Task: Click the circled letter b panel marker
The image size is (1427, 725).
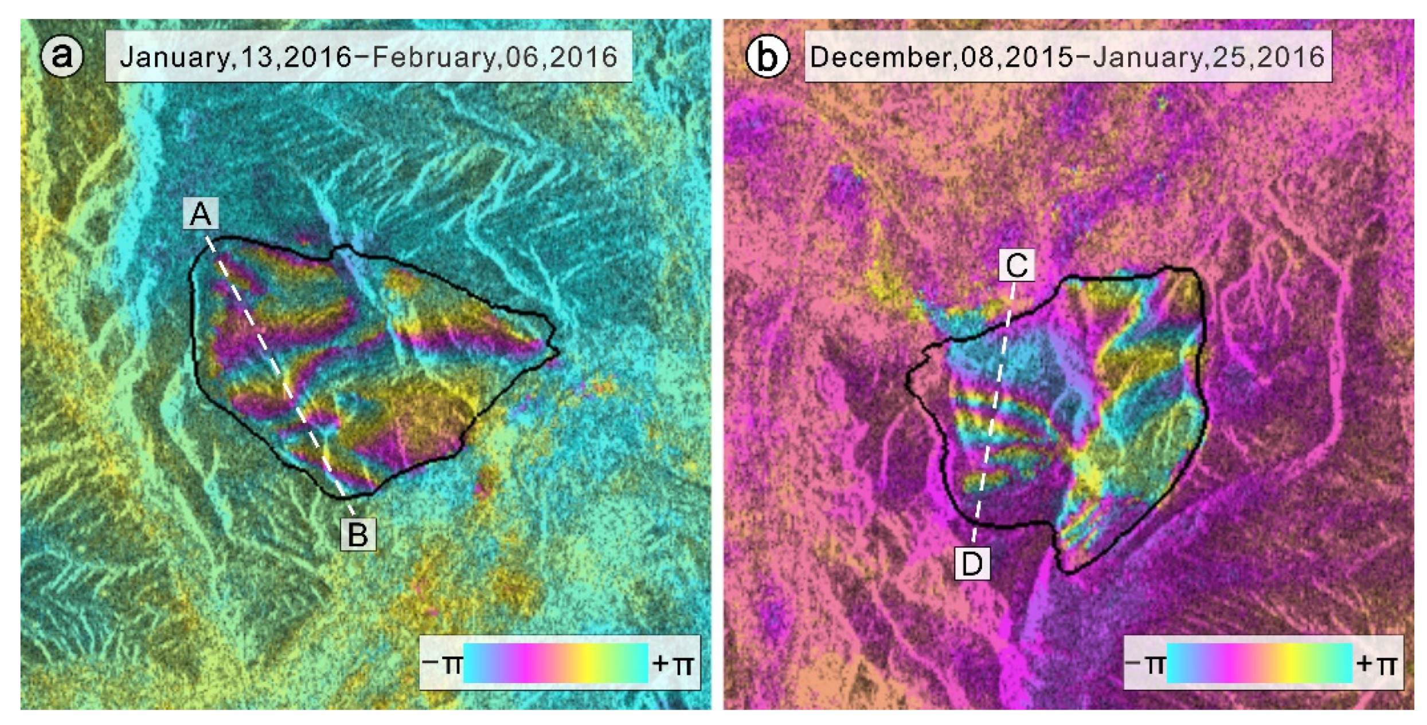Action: (767, 56)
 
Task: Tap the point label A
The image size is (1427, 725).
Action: (201, 214)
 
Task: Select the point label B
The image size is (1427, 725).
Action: (358, 534)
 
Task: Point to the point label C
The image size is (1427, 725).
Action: (1017, 265)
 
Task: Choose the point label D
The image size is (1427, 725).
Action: (972, 563)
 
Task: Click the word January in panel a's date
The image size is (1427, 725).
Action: (174, 57)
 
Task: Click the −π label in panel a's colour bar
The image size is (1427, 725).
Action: (442, 664)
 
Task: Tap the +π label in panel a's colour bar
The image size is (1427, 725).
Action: (673, 664)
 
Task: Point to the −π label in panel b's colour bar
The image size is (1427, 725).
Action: (1145, 664)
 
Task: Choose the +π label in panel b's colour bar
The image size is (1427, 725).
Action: (1376, 664)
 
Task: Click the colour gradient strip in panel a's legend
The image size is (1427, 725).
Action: (555, 663)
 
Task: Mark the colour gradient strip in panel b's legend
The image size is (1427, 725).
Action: (1259, 663)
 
